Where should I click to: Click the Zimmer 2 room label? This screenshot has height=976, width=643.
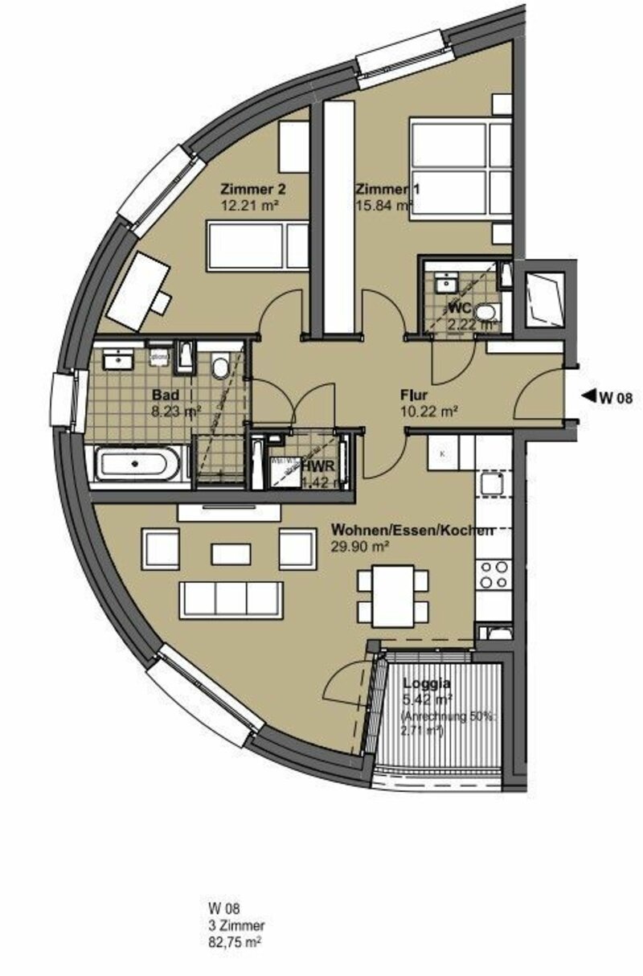253,190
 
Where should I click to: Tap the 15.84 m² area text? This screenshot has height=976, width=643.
383,205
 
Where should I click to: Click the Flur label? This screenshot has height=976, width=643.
413,396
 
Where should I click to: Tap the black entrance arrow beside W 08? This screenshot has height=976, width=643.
588,395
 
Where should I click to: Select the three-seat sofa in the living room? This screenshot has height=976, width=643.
231,599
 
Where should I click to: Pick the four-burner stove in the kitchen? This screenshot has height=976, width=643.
494,574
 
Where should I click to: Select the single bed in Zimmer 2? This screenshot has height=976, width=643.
257,245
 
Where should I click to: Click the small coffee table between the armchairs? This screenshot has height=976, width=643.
231,553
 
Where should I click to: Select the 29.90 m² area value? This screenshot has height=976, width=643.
360,546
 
